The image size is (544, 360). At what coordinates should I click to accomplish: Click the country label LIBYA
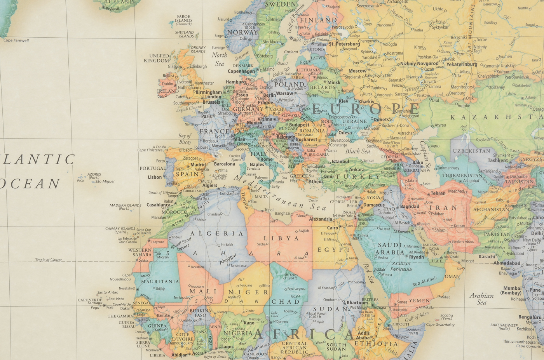click(281, 238)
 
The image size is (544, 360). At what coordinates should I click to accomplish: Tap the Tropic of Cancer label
click(48, 260)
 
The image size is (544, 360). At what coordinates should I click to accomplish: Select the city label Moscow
click(357, 71)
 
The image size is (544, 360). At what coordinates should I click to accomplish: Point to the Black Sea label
click(357, 151)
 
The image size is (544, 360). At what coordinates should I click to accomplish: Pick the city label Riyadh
click(416, 257)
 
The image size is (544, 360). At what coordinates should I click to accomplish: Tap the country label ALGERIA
click(217, 233)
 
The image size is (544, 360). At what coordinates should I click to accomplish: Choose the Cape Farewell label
click(16, 40)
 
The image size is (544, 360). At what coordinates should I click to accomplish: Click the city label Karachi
click(486, 257)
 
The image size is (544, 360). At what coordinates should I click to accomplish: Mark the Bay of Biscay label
click(185, 139)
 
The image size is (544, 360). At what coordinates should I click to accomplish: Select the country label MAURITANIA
click(160, 282)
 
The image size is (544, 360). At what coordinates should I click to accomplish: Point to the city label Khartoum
click(357, 303)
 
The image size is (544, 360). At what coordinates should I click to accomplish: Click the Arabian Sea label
click(481, 299)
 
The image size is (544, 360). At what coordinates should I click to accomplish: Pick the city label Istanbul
click(340, 162)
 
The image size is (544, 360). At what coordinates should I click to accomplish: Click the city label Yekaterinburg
click(461, 64)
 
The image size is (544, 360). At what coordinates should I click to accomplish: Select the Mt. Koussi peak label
click(291, 276)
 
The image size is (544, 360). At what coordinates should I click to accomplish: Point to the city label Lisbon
click(155, 177)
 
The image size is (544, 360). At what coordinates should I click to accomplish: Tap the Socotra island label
click(446, 317)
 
